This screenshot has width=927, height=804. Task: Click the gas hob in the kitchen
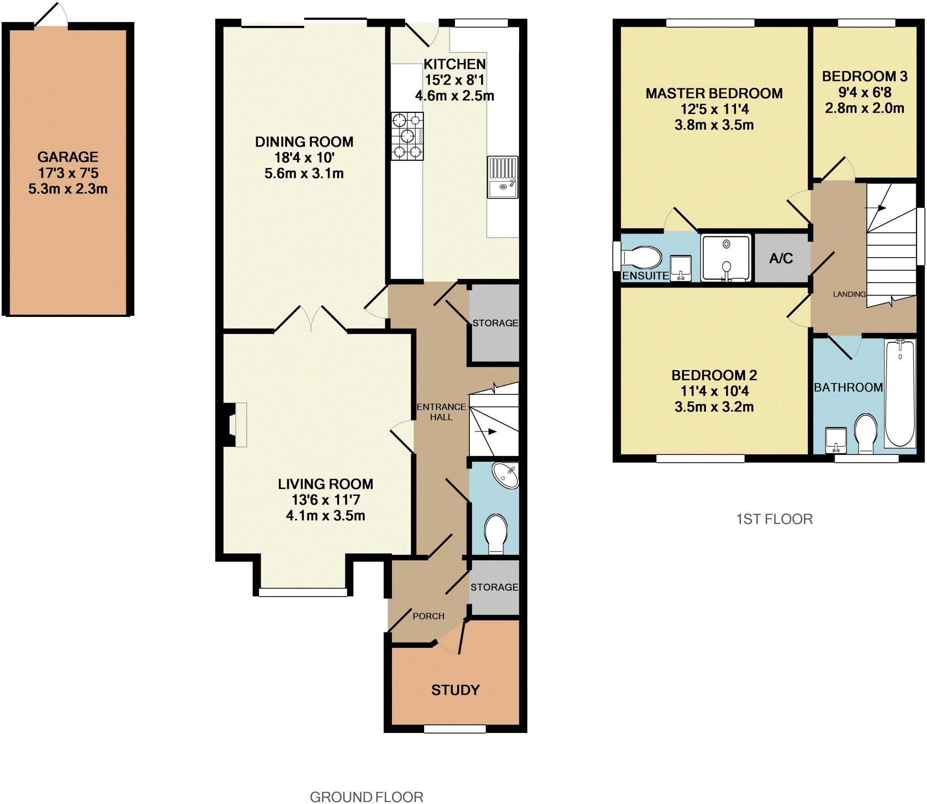tap(407, 136)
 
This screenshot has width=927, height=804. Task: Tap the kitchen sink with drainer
tap(502, 177)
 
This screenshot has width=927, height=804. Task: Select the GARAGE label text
tap(68, 157)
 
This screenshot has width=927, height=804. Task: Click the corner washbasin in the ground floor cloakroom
tap(506, 476)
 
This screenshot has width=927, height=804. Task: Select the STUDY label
tap(455, 690)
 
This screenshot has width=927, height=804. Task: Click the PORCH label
tap(428, 616)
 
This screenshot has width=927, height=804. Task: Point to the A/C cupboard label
tap(781, 258)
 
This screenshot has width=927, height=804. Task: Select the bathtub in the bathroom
tap(900, 393)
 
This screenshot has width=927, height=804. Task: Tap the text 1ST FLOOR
tap(774, 519)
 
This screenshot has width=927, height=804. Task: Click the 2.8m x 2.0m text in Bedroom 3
tap(865, 109)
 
